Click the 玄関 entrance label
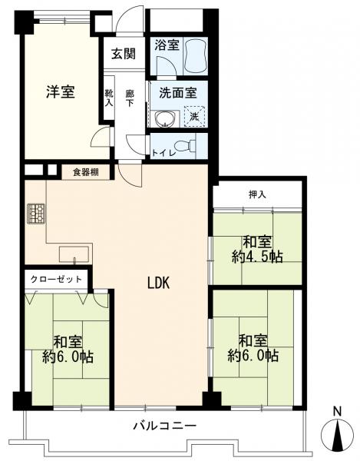pos(124,54)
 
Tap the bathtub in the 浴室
pos(195,55)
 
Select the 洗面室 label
pos(178,93)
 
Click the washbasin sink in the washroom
pos(165,119)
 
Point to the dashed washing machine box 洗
pos(194,116)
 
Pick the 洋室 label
pos(61,92)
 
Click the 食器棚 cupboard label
pos(86,172)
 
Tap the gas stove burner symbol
pos(36,214)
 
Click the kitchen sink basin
pos(74,254)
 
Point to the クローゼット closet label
pos(56,279)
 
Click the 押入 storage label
pos(257,194)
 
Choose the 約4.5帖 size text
pos(257,257)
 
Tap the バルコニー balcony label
pos(165,426)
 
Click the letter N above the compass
pos(339,411)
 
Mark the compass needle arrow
pos(339,434)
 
